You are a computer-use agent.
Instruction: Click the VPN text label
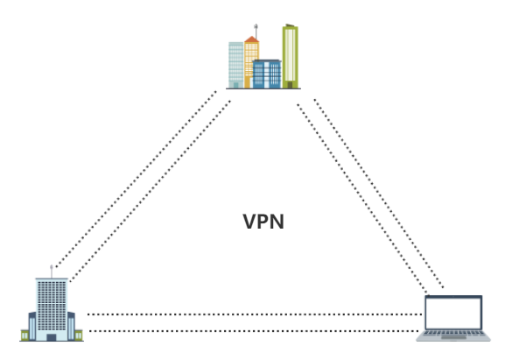(x=263, y=222)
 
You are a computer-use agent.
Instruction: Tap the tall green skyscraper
(x=291, y=56)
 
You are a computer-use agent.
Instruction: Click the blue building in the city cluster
(x=267, y=74)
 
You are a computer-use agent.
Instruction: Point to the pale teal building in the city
(x=235, y=65)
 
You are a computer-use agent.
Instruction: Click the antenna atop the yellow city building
(x=256, y=32)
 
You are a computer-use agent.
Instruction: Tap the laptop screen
(x=453, y=314)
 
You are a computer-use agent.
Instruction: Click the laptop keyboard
(x=453, y=333)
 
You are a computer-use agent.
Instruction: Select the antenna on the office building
(x=52, y=272)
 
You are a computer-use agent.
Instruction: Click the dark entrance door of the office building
(x=52, y=337)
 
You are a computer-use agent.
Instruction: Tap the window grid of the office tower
(x=52, y=306)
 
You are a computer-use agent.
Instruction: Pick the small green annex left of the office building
(x=25, y=335)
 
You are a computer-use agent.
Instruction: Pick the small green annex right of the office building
(x=79, y=335)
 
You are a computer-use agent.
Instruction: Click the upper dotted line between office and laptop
(x=255, y=314)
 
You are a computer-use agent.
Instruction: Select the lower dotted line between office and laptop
(x=255, y=331)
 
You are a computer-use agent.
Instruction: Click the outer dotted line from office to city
(x=136, y=180)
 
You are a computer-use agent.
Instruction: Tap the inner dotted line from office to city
(x=151, y=191)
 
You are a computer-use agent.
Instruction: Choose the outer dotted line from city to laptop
(x=379, y=194)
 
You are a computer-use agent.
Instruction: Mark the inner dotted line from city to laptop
(x=362, y=199)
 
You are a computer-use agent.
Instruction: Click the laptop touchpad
(x=453, y=337)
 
